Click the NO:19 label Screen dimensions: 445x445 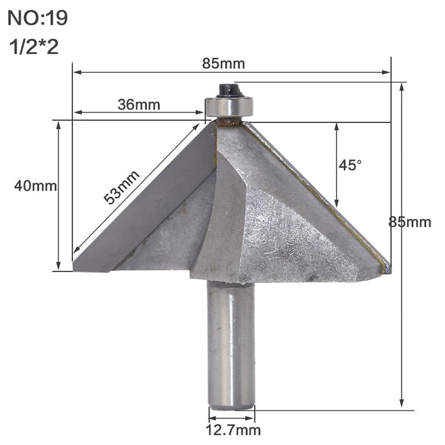38,19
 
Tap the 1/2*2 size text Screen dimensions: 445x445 33,47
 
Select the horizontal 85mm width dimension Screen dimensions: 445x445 223,64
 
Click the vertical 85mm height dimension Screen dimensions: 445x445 410,222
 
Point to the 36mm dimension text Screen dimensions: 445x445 139,105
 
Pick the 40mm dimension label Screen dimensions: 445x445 36,186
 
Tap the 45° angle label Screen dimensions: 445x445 350,165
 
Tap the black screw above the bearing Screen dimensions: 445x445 229,90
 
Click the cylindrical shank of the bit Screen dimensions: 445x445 230,343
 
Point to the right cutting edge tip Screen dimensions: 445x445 387,267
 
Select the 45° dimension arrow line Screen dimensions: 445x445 336,165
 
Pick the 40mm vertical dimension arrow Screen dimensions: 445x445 58,196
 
